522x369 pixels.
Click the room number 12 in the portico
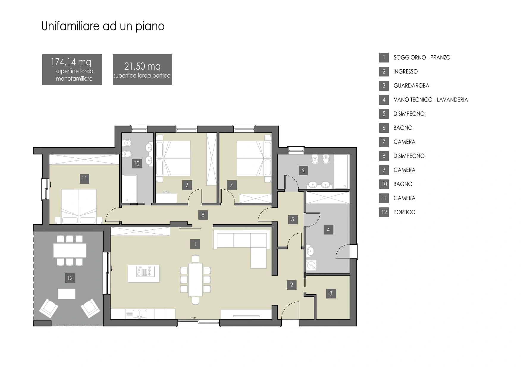[x=70, y=278]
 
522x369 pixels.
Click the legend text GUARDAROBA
[x=411, y=86]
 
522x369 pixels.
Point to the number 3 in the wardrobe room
[x=331, y=293]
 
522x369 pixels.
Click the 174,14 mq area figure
[x=71, y=62]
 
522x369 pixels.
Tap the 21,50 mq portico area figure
[x=142, y=66]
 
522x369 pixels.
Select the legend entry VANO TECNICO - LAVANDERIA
[x=431, y=100]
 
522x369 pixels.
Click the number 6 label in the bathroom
[x=303, y=171]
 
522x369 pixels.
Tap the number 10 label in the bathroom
[x=137, y=163]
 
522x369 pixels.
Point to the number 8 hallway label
[x=203, y=215]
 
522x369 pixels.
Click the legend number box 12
[x=384, y=212]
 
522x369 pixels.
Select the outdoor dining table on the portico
[x=70, y=250]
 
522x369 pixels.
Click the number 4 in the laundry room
[x=328, y=229]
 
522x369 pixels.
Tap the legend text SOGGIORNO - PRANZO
[x=422, y=57]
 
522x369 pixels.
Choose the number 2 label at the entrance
[x=291, y=285]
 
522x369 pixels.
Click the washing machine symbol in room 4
[x=311, y=265]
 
